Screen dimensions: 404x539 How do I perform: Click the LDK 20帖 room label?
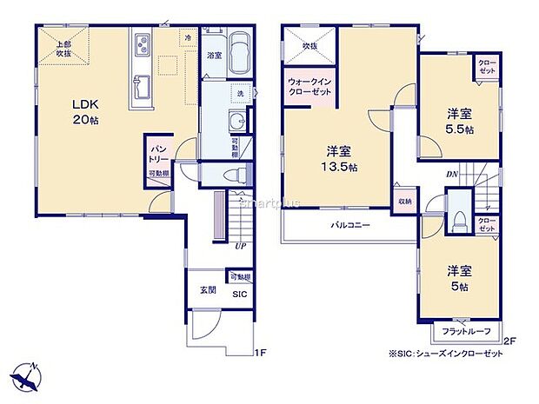[84, 111]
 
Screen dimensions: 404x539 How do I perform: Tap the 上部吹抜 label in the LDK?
[59, 50]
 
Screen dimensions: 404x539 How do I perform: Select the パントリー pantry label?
[157, 154]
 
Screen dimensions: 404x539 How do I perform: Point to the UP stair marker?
[238, 247]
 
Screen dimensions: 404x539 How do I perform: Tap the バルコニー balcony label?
[349, 225]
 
